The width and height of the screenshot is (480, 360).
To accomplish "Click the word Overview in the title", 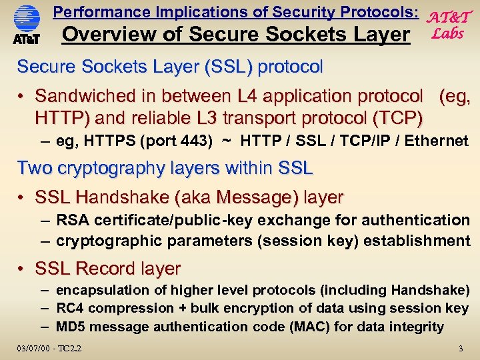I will point(103,34).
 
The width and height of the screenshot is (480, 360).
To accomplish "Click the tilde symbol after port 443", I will point(227,141).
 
